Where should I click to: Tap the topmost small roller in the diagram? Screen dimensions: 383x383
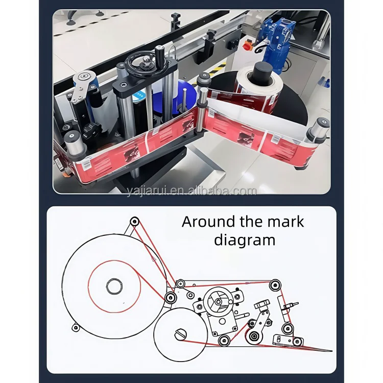tap(134, 221)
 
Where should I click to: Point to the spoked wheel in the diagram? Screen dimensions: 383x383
tap(218, 302)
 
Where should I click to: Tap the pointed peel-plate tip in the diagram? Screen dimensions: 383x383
tap(329, 350)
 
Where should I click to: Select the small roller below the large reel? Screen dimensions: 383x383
tap(76, 327)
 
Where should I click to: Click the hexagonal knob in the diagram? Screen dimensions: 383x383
tap(262, 304)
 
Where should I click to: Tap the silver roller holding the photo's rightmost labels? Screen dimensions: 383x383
tap(317, 130)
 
